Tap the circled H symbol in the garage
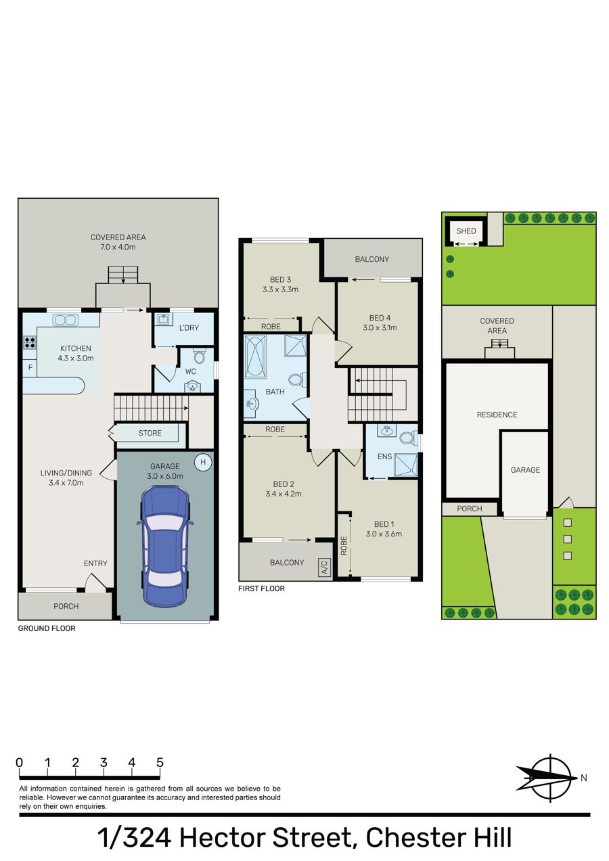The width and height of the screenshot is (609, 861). click(203, 462)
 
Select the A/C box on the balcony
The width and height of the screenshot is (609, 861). click(325, 567)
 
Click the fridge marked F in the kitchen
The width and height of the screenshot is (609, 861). click(30, 368)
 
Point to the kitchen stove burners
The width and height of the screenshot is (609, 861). click(30, 342)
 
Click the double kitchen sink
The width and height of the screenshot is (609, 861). click(66, 320)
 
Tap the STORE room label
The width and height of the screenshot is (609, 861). click(150, 433)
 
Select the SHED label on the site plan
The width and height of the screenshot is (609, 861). click(466, 231)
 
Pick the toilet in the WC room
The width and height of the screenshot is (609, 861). click(199, 356)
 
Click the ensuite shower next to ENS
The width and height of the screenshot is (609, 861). click(405, 465)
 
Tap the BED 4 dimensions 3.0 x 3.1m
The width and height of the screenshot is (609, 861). click(380, 328)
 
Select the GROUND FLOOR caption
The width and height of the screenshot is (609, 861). click(47, 628)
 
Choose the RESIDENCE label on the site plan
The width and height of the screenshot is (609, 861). click(497, 415)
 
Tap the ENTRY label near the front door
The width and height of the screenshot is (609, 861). click(95, 563)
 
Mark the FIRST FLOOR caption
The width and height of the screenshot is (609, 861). click(261, 588)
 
